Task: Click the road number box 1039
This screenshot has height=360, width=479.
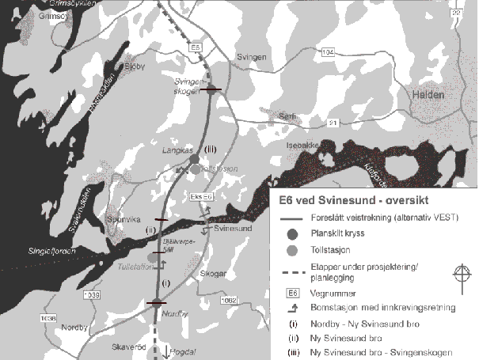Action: [x=91, y=294]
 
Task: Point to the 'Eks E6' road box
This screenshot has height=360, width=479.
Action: [x=201, y=195]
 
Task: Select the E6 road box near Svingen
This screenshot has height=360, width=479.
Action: [x=196, y=49]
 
